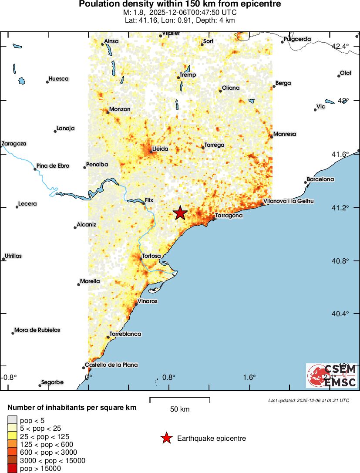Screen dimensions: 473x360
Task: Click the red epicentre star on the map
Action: [x=180, y=213]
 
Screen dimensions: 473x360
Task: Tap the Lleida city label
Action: [x=160, y=149]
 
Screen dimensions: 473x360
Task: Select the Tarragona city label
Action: [x=229, y=215]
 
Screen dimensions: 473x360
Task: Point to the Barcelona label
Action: [x=320, y=179]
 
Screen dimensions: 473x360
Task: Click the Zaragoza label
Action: [x=14, y=143]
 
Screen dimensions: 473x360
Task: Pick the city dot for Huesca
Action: [x=47, y=82]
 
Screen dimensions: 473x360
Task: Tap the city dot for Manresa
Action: [x=271, y=137]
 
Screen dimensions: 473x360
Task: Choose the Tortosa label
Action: [x=151, y=256]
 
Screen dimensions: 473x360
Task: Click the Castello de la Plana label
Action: [x=111, y=365]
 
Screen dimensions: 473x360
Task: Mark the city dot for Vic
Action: [x=315, y=110]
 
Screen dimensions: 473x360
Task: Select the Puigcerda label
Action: [x=297, y=39]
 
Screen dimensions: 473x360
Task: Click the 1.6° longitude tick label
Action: [x=249, y=377]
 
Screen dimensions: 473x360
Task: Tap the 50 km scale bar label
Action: [x=180, y=409]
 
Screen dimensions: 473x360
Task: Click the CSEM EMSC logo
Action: [x=332, y=376]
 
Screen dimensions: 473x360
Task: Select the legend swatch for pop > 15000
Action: [x=13, y=469]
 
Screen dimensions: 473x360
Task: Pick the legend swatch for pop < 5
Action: [x=13, y=420]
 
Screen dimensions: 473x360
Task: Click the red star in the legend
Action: [x=166, y=438]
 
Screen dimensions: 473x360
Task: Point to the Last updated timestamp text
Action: [x=309, y=400]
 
